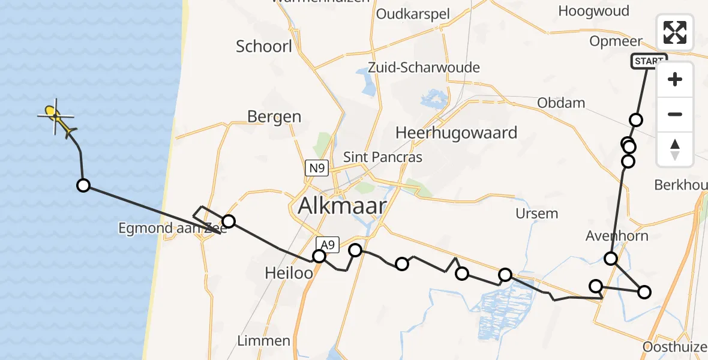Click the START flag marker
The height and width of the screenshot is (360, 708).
[649, 61]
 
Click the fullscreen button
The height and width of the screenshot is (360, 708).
[675, 32]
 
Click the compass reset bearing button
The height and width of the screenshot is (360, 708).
[675, 149]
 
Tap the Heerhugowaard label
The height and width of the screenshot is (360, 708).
[456, 133]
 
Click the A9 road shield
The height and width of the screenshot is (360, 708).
[327, 244]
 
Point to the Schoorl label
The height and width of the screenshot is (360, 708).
[264, 46]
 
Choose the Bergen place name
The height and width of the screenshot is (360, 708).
[274, 116]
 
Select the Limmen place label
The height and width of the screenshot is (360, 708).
[265, 341]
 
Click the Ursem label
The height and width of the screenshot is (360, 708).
[536, 214]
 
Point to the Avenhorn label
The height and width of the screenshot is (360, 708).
[617, 236]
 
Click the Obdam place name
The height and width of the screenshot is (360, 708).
[561, 103]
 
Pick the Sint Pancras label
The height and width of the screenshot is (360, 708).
[383, 157]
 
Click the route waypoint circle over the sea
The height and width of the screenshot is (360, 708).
[83, 185]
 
